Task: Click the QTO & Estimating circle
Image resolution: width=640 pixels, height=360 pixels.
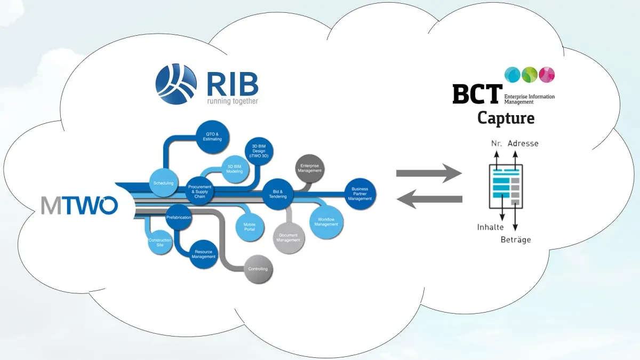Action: tap(212, 137)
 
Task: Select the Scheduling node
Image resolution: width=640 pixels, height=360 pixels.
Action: tap(163, 183)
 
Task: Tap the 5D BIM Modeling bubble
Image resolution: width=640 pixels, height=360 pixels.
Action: tap(235, 169)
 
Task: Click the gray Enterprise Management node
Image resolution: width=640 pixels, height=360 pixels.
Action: tap(309, 169)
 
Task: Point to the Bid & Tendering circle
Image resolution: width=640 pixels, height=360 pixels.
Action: tap(278, 194)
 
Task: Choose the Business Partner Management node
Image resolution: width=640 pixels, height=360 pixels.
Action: tap(360, 194)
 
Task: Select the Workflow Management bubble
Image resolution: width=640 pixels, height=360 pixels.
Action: tap(325, 222)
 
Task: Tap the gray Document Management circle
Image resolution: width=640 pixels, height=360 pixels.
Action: tap(289, 237)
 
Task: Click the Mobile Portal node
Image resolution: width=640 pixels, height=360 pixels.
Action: tap(249, 227)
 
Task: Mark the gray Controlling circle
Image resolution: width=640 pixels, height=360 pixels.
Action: tap(258, 269)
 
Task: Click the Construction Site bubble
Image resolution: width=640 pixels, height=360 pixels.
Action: tap(160, 243)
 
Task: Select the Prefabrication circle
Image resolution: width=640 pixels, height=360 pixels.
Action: tap(179, 218)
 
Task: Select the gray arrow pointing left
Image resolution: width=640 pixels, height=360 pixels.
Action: tap(429, 199)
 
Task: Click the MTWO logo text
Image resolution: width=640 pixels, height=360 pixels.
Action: tap(80, 205)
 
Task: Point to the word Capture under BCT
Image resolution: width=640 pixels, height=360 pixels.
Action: tap(506, 118)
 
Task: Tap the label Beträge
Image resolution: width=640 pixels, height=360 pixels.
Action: tap(515, 240)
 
